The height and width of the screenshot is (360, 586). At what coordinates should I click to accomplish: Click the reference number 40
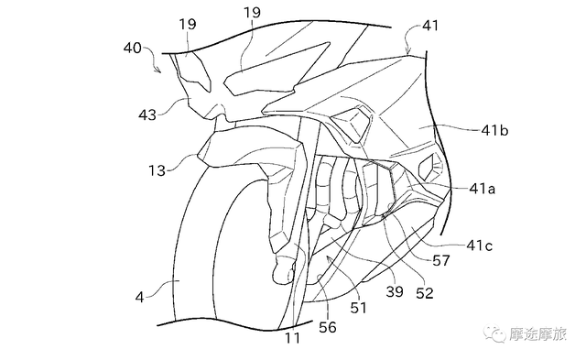(x=132, y=48)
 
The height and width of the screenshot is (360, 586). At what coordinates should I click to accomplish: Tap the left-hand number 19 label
(x=187, y=24)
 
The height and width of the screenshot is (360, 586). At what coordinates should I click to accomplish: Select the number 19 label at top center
(x=252, y=12)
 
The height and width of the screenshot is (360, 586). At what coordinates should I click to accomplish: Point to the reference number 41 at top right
(x=430, y=26)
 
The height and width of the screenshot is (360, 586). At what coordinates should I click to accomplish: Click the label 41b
(x=494, y=130)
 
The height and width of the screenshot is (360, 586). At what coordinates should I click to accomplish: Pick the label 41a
(x=483, y=189)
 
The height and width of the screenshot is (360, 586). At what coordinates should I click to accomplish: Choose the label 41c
(x=480, y=245)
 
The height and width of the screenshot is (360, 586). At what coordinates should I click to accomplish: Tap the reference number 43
(x=147, y=115)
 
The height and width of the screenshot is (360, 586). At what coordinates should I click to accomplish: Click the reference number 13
(x=157, y=170)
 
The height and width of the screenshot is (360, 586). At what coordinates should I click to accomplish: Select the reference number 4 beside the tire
(x=139, y=297)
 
